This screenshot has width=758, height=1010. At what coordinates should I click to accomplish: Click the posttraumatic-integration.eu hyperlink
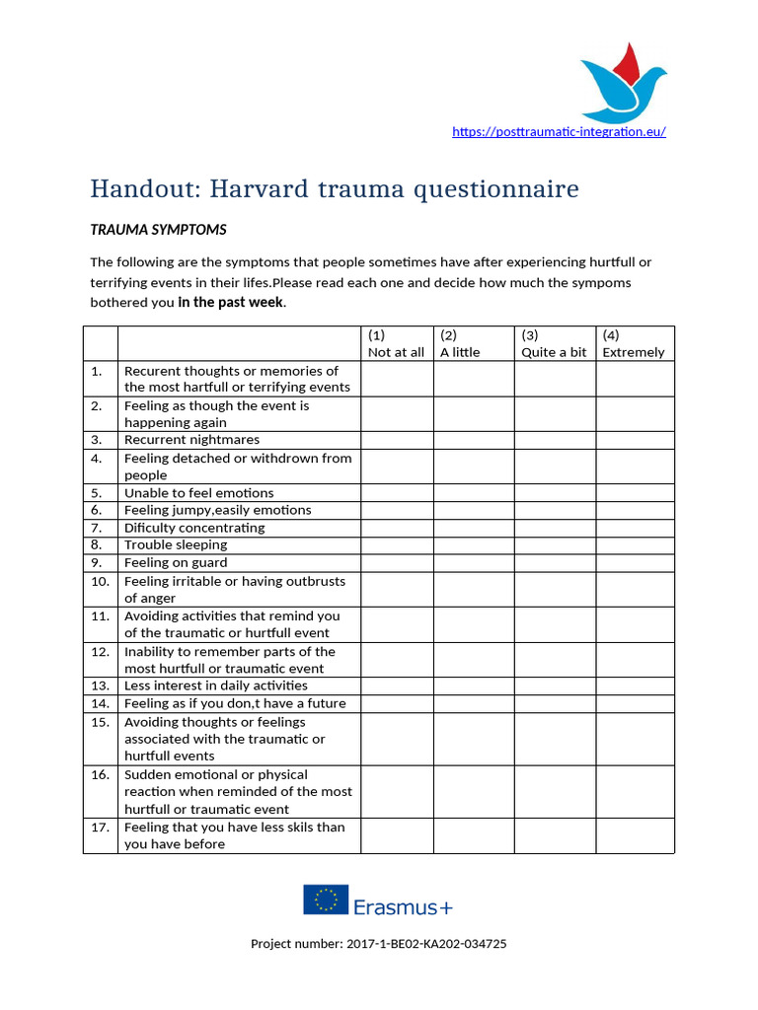559,131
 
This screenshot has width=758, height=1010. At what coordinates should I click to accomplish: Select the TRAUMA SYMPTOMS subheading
158,230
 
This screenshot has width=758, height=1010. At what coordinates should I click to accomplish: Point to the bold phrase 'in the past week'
230,302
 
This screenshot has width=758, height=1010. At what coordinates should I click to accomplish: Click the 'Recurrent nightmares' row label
191,440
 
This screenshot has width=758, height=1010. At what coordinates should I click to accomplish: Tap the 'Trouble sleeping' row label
176,544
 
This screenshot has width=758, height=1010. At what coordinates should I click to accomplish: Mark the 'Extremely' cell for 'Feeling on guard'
635,562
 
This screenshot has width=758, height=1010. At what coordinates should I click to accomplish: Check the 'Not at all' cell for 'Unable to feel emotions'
396,492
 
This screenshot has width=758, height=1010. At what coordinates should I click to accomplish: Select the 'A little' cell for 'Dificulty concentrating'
473,528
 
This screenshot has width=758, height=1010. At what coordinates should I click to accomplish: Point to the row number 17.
100,828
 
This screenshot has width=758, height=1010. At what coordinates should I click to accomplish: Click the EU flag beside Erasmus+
325,899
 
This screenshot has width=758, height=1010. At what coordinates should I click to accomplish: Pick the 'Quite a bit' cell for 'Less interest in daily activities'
554,685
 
